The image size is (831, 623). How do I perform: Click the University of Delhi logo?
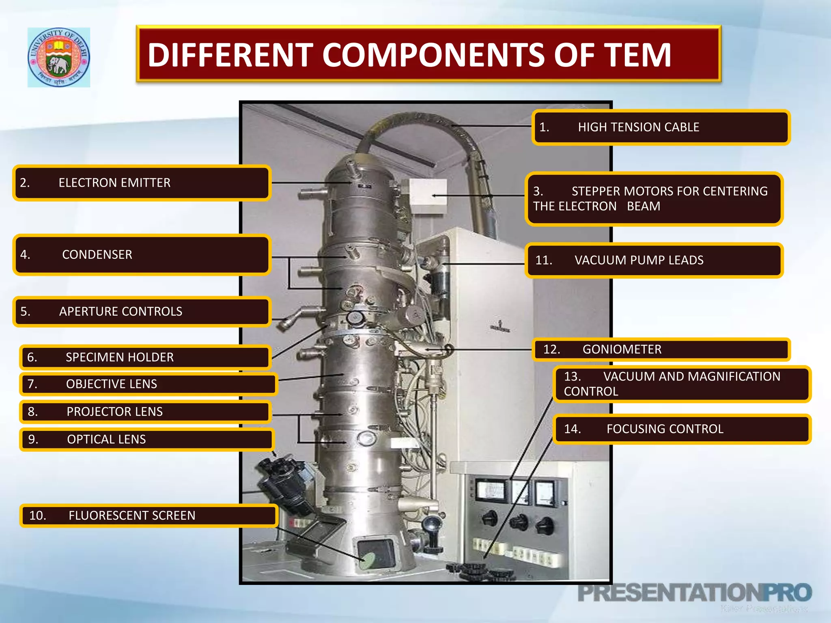pyautogui.click(x=59, y=57)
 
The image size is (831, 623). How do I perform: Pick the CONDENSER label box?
pyautogui.click(x=141, y=255)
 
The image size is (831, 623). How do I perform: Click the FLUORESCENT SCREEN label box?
pyautogui.click(x=148, y=516)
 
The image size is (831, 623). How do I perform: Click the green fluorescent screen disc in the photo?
pyautogui.click(x=369, y=559)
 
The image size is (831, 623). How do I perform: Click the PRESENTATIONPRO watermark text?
pyautogui.click(x=694, y=593)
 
